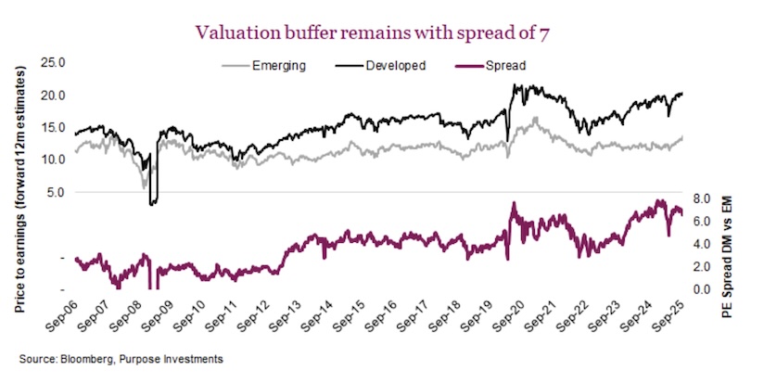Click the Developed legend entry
394,66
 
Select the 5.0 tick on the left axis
55,193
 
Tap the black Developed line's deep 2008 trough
153,200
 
